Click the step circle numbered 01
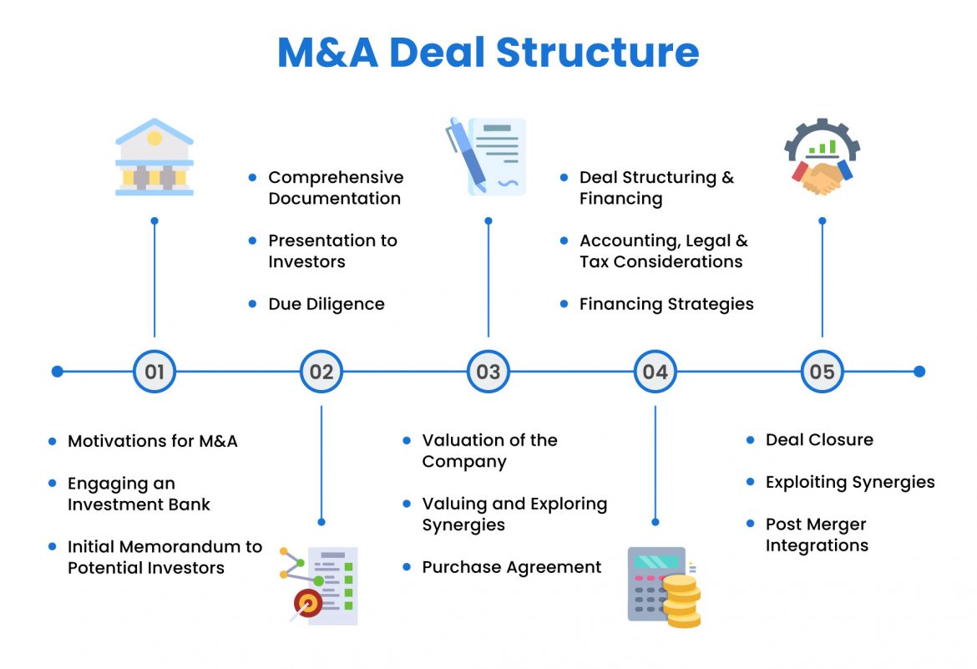point(154,372)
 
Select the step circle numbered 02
point(321,372)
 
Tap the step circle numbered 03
point(488,372)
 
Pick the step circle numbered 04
point(656,372)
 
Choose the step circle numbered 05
point(823,372)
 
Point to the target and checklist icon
point(321,585)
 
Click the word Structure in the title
point(597,53)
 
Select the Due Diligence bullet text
point(327,304)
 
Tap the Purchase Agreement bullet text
point(511,567)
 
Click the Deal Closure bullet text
point(819,439)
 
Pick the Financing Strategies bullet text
point(666,304)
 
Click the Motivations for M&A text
point(153,441)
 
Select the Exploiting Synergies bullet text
point(850,482)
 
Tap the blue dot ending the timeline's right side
point(919,372)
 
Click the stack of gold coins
point(682,601)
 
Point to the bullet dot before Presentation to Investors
point(253,241)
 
